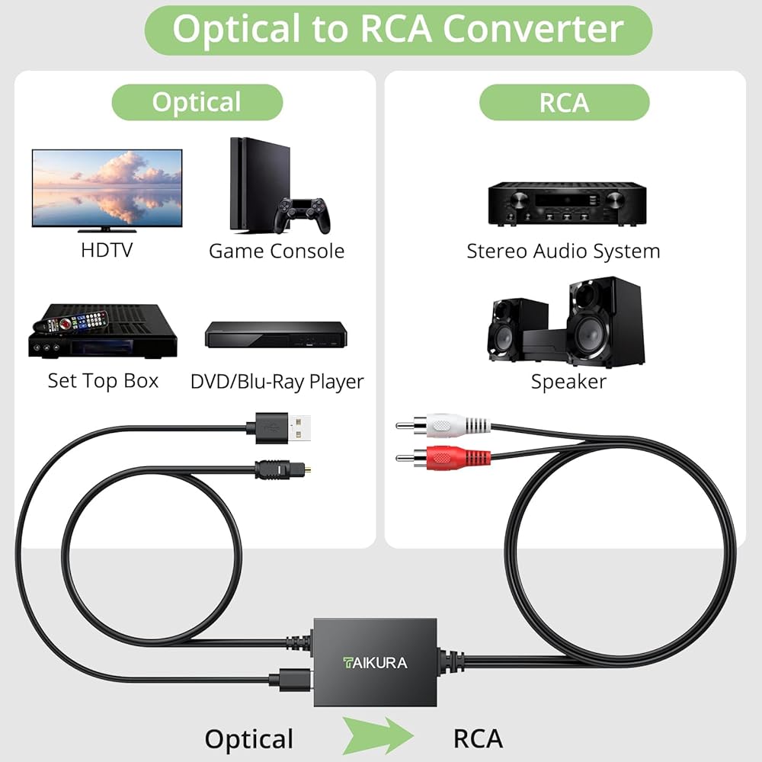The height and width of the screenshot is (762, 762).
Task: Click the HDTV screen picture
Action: click(107, 187)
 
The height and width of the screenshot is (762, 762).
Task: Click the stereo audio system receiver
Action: click(567, 203)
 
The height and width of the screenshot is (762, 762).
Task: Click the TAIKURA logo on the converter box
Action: click(374, 662)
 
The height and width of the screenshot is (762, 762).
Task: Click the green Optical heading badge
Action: click(197, 102)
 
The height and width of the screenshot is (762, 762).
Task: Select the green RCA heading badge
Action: click(564, 102)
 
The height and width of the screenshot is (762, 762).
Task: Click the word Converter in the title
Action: click(534, 29)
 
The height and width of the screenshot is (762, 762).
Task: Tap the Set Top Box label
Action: click(103, 381)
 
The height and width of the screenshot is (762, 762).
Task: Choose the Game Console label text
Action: click(277, 251)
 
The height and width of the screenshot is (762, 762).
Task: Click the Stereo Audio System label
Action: click(563, 251)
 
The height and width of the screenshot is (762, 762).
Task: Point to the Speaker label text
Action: click(568, 381)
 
